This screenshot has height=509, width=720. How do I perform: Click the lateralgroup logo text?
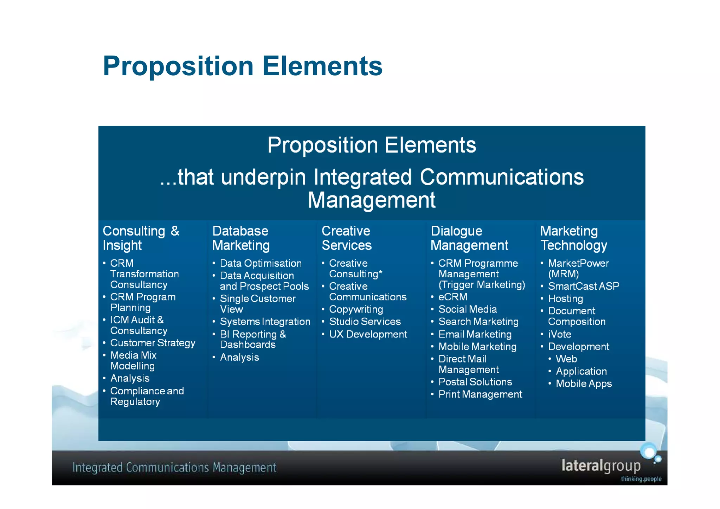[x=601, y=466]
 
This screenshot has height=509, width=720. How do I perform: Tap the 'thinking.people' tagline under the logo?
[x=641, y=479]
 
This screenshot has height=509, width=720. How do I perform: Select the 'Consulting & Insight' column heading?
[x=141, y=238]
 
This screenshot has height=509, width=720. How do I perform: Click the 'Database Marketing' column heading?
[x=241, y=238]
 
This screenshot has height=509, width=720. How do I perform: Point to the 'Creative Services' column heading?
[x=346, y=238]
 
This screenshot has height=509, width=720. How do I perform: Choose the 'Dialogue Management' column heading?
[x=469, y=238]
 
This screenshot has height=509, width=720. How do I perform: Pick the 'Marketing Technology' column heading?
[x=573, y=238]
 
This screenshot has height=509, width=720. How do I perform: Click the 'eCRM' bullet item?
[x=453, y=297]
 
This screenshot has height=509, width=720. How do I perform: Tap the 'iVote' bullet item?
[x=559, y=334]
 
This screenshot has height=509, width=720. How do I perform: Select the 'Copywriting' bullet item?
[x=356, y=309]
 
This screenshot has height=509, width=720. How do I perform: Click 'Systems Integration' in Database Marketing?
[x=265, y=322]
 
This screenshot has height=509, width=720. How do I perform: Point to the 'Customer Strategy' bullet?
[x=153, y=343]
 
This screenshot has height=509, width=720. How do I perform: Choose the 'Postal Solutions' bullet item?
[x=475, y=382]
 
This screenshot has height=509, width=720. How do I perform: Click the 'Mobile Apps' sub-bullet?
[x=584, y=384]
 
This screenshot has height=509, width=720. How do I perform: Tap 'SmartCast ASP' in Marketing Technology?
[x=584, y=286]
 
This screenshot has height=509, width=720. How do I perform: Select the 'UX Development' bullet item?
[x=368, y=334]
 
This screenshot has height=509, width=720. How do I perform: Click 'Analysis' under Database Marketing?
[x=239, y=357]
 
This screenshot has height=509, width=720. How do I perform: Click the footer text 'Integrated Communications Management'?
[x=174, y=468]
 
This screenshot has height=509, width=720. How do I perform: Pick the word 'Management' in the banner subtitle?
[x=372, y=200]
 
